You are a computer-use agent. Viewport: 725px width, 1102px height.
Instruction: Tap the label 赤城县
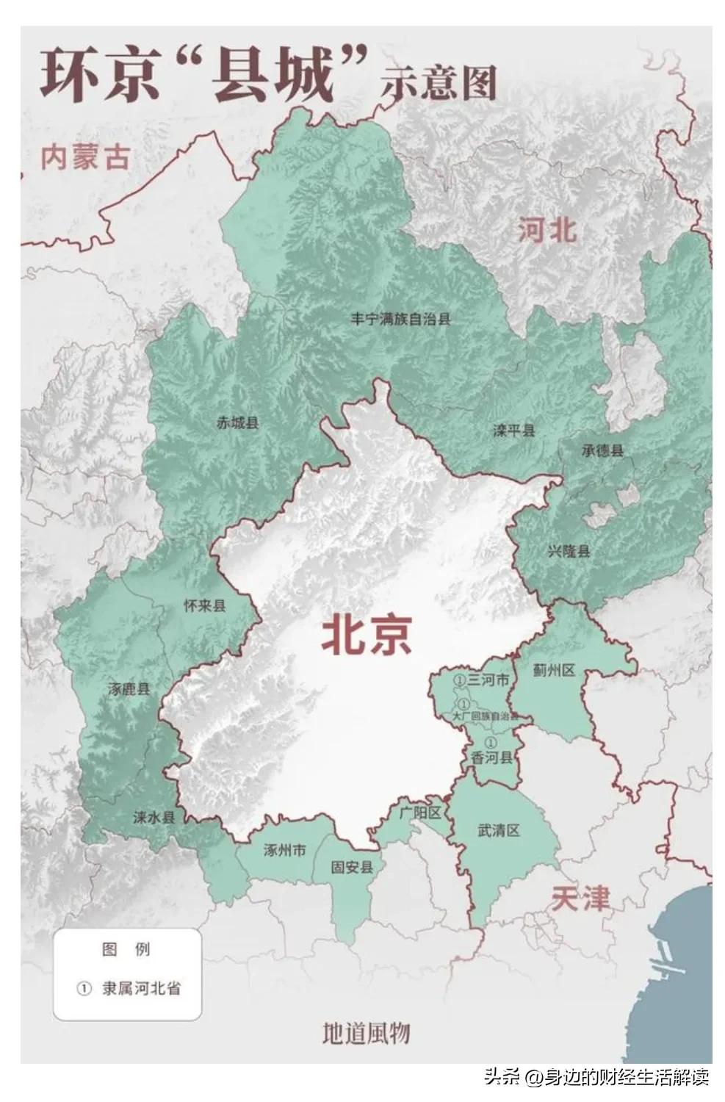pos(237,422)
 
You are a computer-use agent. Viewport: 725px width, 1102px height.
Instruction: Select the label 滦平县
pos(513,431)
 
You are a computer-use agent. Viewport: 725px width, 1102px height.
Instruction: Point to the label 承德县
pos(602,450)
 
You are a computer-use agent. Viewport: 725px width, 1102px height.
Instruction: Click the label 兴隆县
pos(569,550)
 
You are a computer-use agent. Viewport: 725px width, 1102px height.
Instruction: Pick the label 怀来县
pos(204,605)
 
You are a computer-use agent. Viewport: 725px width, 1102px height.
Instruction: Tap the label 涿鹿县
pos(129,688)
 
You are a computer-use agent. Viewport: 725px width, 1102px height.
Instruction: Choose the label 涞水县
pos(154,817)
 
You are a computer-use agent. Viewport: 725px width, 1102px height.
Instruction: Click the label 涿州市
pos(285,850)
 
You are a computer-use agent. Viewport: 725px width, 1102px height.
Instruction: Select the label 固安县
pos(352,867)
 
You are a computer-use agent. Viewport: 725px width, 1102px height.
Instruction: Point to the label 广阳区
pos(419,813)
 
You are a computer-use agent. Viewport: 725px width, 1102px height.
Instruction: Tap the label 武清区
pos(499,831)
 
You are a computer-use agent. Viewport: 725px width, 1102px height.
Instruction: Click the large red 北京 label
pos(367,634)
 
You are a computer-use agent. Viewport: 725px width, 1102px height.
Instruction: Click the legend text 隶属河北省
pos(141,988)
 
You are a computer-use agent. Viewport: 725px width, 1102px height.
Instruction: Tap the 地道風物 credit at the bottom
pos(366,1034)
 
